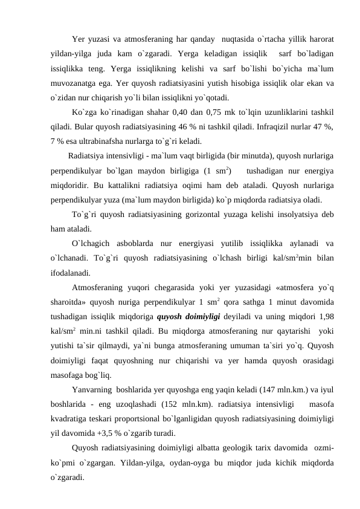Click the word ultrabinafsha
click(x=104, y=143)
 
